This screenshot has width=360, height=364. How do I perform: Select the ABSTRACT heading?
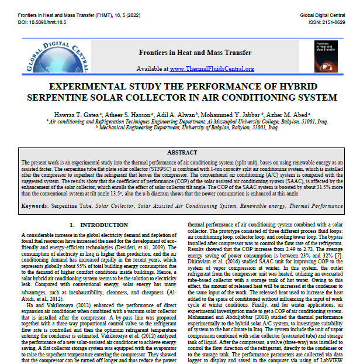(x=180, y=152)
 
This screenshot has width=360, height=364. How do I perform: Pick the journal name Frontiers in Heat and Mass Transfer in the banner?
(x=186, y=53)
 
